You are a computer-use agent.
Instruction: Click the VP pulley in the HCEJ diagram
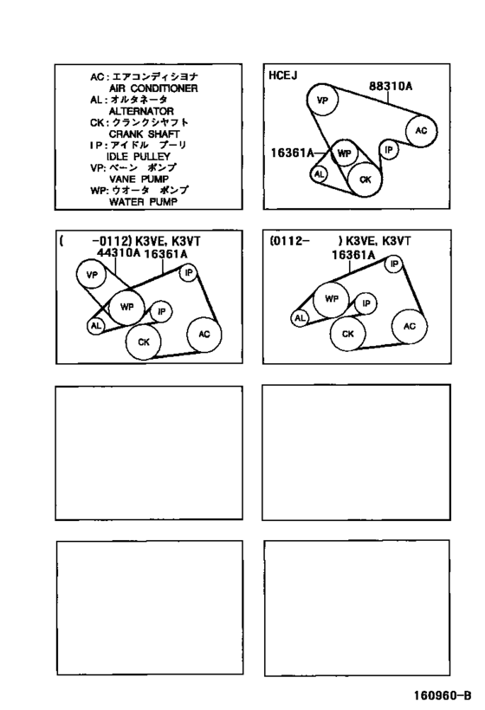tap(322, 100)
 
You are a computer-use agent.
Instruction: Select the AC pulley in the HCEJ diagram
tap(421, 130)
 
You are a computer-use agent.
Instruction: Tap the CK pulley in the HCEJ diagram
tap(365, 179)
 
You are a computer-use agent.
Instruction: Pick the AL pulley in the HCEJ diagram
tap(320, 174)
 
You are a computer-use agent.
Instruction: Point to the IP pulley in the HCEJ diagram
tap(389, 149)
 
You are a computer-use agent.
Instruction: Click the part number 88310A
tap(391, 86)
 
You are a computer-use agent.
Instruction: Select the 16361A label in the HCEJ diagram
tap(292, 153)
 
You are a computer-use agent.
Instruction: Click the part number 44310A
tap(119, 252)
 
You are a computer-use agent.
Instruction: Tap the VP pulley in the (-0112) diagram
tap(92, 274)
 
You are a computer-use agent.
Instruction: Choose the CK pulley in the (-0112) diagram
tap(144, 342)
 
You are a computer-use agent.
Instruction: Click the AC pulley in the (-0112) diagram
tap(204, 334)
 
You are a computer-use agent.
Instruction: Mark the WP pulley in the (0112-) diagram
tap(332, 299)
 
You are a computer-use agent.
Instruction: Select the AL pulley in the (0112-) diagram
tap(300, 318)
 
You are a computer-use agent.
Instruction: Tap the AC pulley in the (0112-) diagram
tap(410, 326)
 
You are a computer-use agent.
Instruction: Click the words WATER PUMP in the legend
tap(143, 201)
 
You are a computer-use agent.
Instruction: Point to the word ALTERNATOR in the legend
tap(141, 111)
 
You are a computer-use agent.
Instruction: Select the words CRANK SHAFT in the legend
tap(145, 134)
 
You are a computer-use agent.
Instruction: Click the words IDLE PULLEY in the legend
tap(139, 156)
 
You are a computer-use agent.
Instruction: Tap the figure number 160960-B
tap(442, 695)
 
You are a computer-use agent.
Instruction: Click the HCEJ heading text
tap(282, 75)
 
